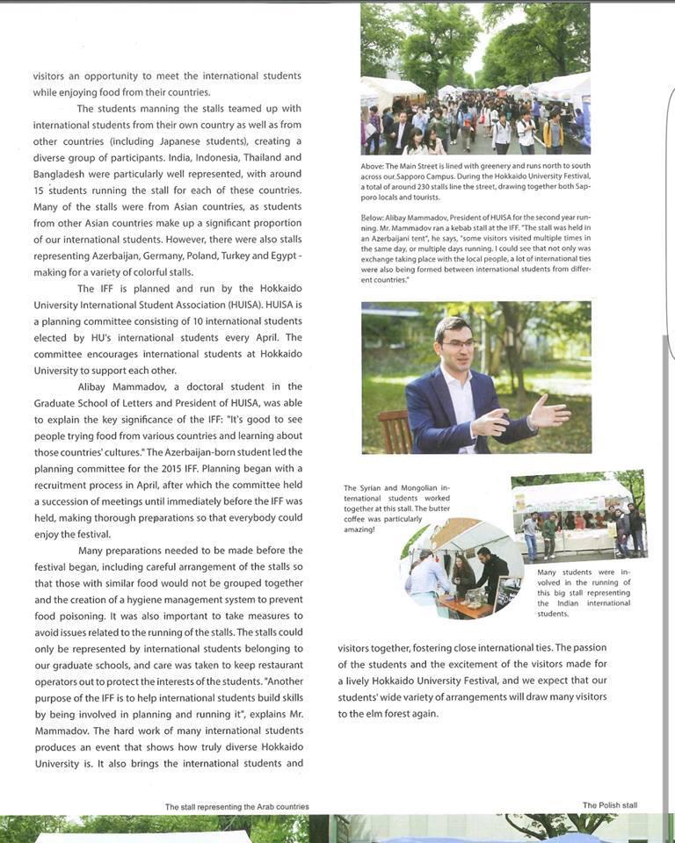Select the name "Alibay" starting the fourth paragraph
[98, 386]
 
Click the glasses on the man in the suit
[458, 343]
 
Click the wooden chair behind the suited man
[394, 429]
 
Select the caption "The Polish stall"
[609, 805]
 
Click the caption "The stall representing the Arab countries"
[237, 806]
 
